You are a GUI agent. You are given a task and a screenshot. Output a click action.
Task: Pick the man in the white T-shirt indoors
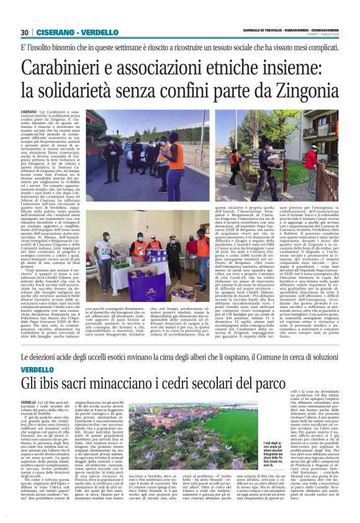click(100, 248)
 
